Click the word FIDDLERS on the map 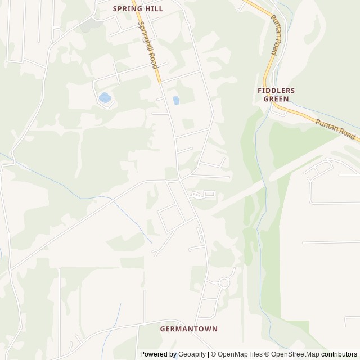point(276,90)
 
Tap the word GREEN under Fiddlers point(276,99)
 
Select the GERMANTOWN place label point(188,328)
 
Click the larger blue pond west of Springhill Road point(105,98)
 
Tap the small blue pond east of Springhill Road point(176,101)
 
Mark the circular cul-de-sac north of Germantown point(224,282)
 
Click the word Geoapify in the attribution point(192,354)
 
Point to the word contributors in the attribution point(339,354)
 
